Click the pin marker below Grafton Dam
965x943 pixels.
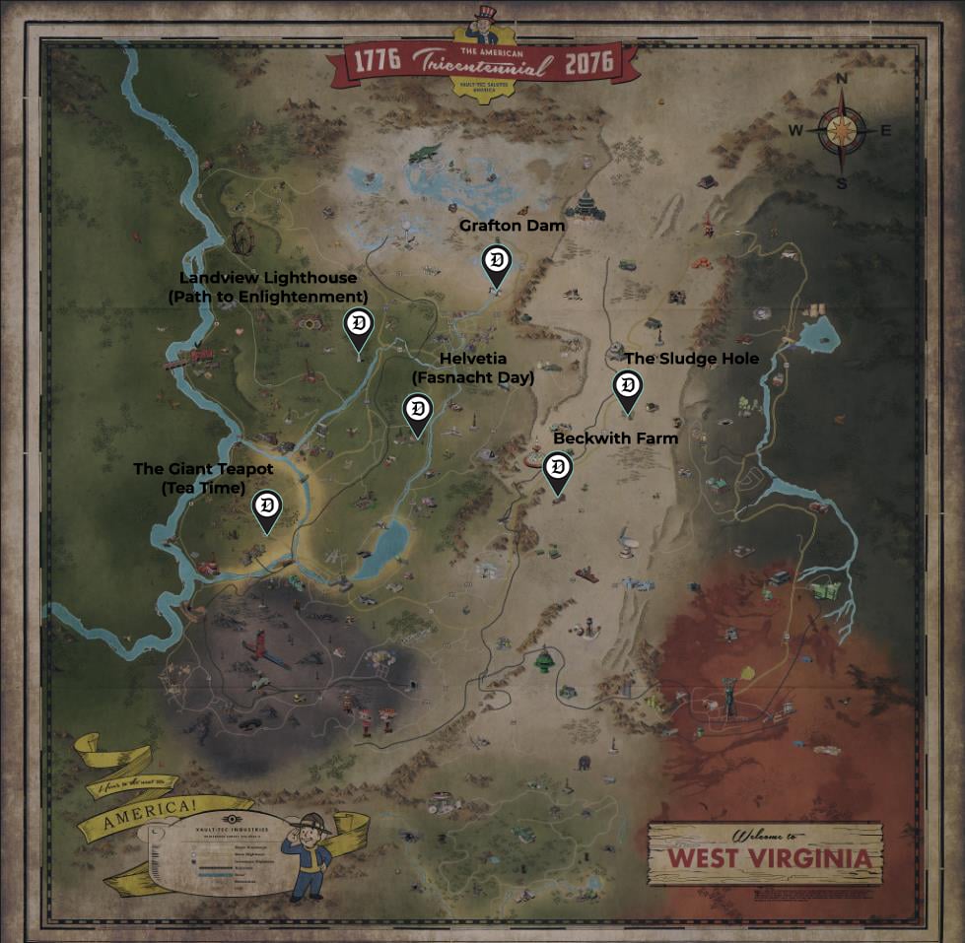[497, 264]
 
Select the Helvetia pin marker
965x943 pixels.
[418, 412]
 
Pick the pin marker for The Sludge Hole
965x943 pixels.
[627, 387]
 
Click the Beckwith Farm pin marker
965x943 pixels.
[558, 469]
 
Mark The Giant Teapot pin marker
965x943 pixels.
[266, 508]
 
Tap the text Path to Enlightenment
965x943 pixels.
[268, 297]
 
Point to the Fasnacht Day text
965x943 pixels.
[472, 377]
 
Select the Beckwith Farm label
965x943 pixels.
[615, 438]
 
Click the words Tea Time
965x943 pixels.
[203, 487]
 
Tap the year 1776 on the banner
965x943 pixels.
[372, 62]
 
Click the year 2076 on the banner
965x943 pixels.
[588, 64]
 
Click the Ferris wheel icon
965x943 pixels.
[241, 237]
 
